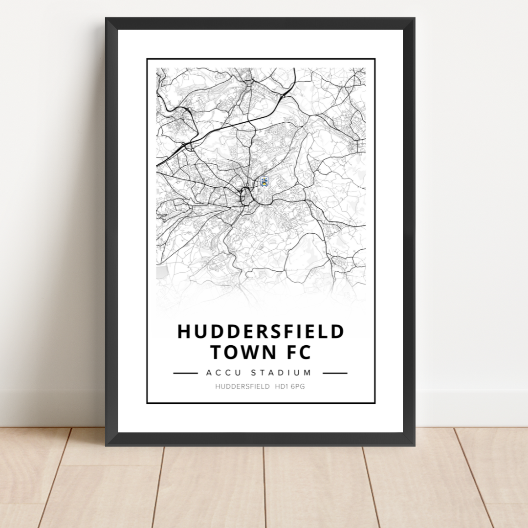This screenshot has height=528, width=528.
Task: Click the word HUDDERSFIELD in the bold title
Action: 261,331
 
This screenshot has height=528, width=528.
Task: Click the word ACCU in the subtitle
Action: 222,373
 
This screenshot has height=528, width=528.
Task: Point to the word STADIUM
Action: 281,373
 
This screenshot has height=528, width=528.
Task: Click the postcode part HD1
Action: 282,387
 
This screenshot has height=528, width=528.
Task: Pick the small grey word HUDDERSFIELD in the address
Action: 242,387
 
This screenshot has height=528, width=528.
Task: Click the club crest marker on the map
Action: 264,182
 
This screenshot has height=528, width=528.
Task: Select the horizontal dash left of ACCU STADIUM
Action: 185,373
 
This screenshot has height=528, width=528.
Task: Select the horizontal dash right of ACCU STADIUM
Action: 335,373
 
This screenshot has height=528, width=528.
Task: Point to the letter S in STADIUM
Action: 253,373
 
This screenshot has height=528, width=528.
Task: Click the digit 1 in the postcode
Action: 286,387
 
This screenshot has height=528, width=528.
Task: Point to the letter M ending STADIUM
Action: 308,373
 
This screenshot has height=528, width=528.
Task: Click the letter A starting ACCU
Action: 209,373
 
